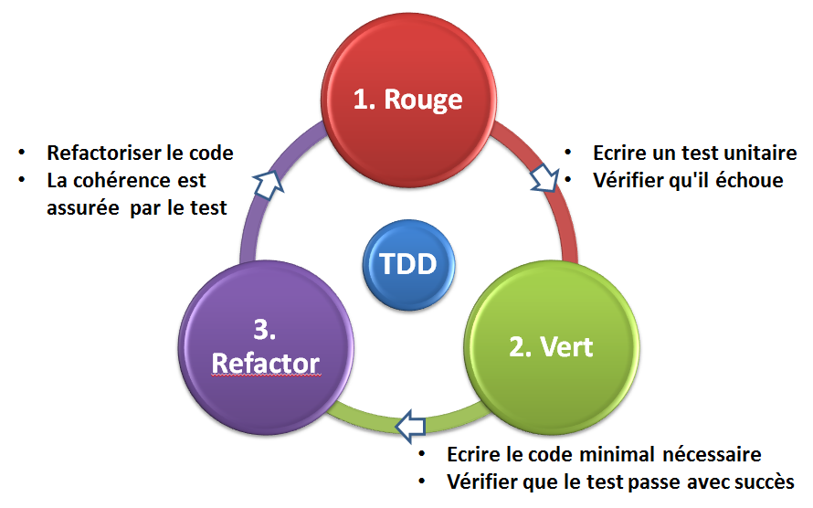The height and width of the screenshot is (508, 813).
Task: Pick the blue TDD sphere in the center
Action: point(406,264)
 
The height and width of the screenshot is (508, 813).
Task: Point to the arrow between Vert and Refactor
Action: point(410,424)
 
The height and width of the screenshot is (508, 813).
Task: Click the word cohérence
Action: point(127,180)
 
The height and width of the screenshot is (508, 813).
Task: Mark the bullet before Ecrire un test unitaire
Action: point(569,153)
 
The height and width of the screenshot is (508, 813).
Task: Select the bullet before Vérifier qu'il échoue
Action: point(569,180)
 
